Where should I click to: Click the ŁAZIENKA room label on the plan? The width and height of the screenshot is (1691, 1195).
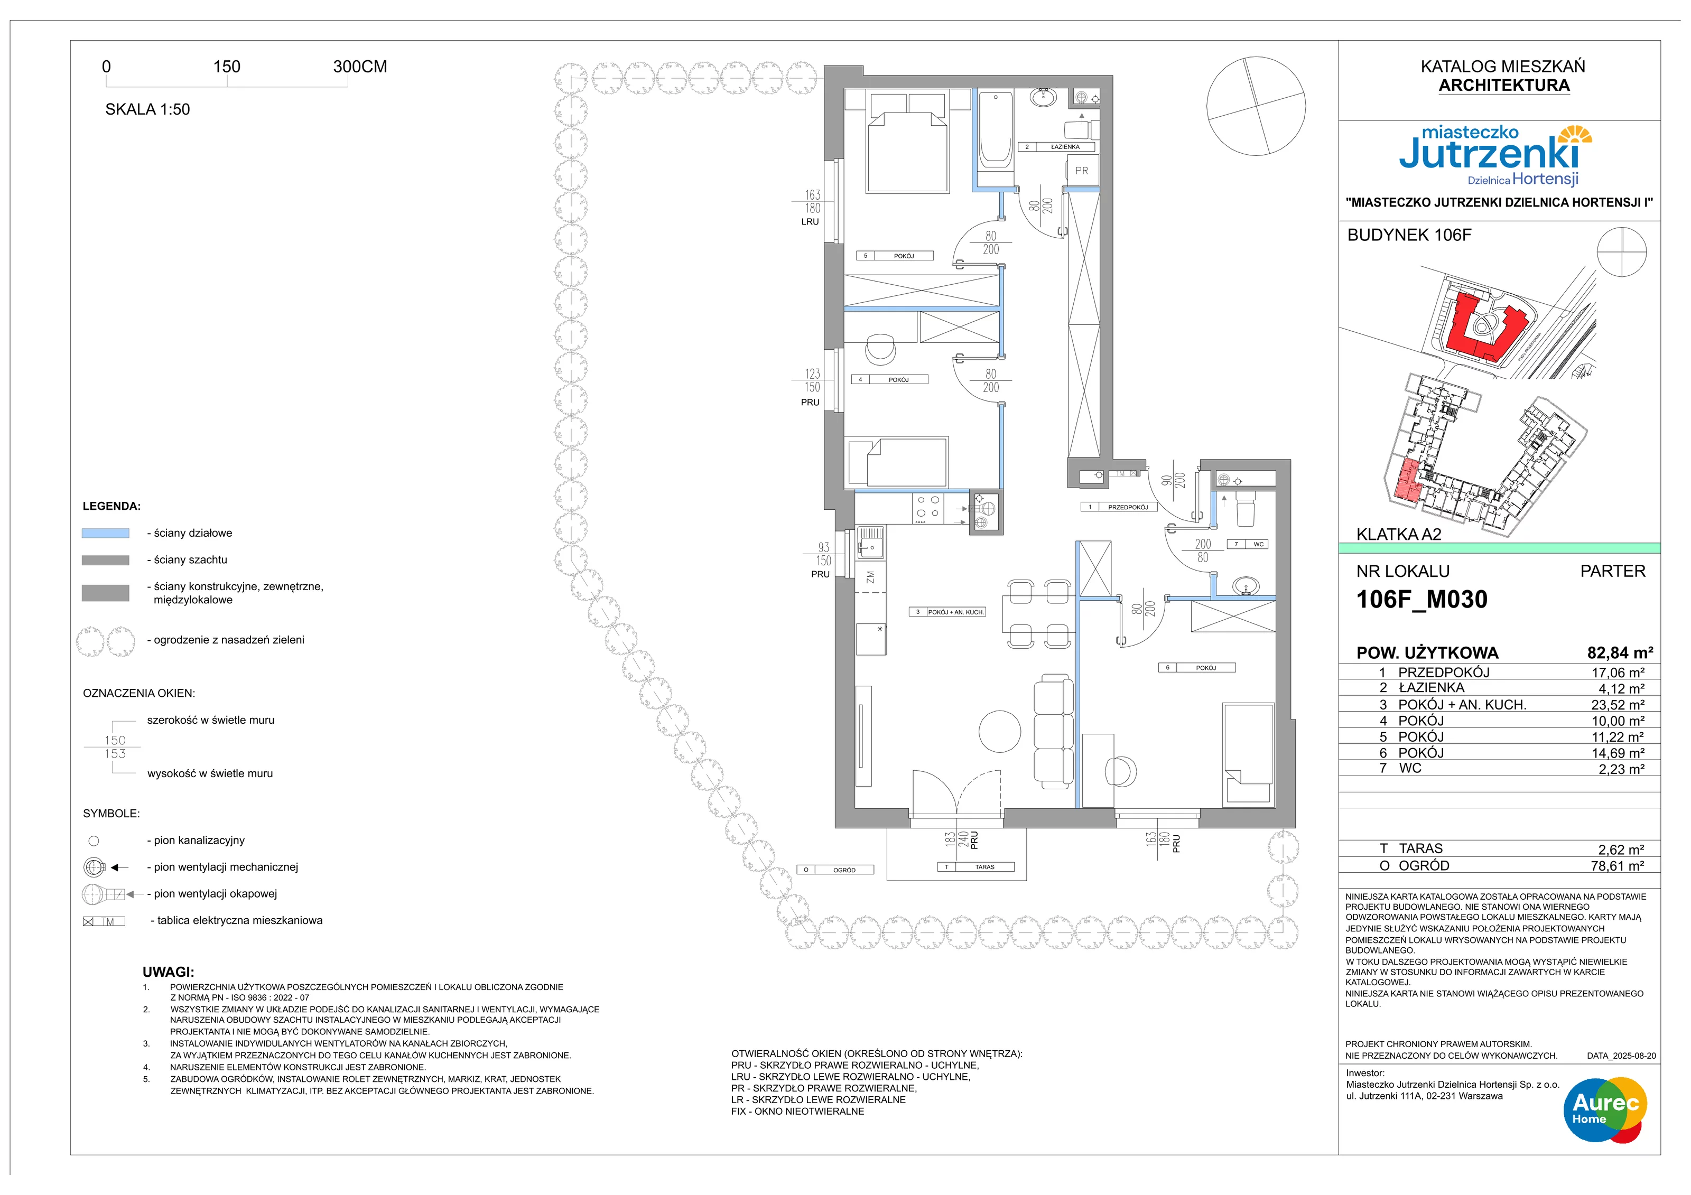click(1065, 146)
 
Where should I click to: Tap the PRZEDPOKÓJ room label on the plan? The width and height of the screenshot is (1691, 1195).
click(1128, 507)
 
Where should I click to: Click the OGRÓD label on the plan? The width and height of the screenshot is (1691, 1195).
click(844, 870)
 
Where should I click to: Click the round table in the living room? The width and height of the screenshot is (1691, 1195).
click(999, 731)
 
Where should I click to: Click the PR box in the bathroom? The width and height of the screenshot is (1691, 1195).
click(1081, 171)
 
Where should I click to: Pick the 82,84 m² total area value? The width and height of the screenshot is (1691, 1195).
click(1620, 653)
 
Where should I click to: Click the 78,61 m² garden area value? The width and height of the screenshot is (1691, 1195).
click(1618, 866)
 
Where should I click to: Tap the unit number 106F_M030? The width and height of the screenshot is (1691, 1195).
click(1421, 599)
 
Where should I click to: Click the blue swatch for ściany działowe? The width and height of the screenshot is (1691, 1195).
click(105, 533)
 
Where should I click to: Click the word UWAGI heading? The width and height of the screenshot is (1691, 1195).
click(168, 972)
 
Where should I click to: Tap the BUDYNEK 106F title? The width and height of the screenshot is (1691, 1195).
click(1409, 235)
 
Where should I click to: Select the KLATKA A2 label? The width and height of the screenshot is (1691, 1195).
click(1399, 535)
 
